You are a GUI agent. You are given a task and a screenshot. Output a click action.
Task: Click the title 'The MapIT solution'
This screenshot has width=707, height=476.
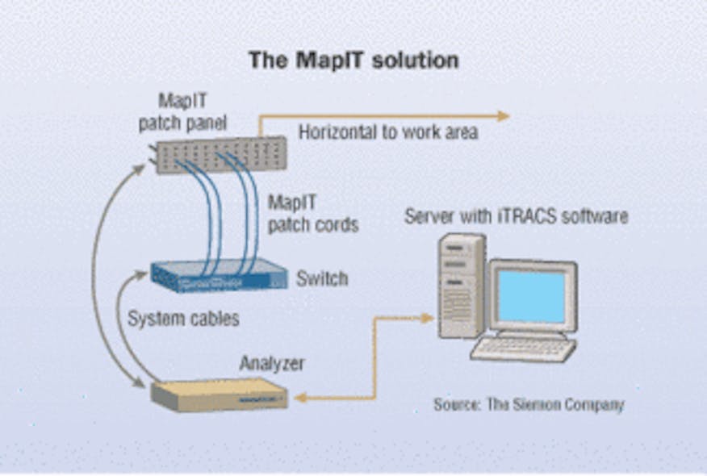click(353, 61)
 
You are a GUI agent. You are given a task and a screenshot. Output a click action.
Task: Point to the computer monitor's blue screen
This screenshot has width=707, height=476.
click(530, 295)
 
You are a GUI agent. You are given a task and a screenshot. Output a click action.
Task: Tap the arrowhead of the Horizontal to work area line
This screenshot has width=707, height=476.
click(504, 115)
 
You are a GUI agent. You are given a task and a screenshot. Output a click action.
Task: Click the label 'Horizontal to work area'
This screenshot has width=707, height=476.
click(388, 132)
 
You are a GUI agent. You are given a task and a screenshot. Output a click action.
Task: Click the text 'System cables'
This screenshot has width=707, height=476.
click(183, 319)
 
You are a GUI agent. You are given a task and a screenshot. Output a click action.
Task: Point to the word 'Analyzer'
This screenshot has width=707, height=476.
click(271, 364)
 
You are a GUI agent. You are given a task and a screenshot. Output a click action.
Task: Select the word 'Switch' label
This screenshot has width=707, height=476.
click(322, 279)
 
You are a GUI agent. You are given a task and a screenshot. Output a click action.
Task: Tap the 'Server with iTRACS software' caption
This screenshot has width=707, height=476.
click(516, 216)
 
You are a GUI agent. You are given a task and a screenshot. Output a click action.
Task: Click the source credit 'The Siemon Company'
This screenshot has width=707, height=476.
click(529, 404)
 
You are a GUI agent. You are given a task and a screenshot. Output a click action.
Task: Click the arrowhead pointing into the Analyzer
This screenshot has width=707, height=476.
click(299, 397)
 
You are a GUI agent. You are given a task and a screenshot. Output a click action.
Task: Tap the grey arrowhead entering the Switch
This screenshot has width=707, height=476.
click(144, 277)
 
